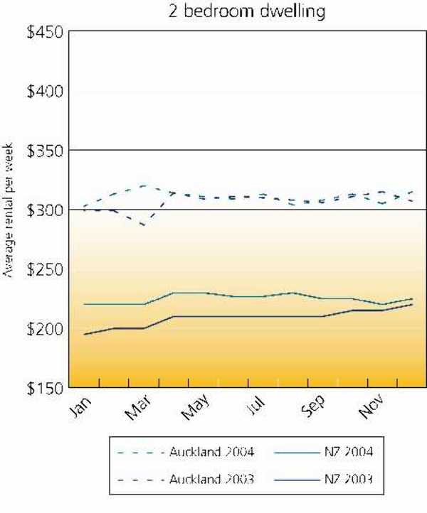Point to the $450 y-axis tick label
pyautogui.click(x=44, y=33)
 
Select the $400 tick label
pyautogui.click(x=44, y=92)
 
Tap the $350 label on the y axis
pyautogui.click(x=44, y=151)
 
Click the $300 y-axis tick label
pyautogui.click(x=44, y=210)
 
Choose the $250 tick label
pyautogui.click(x=44, y=269)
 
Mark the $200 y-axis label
pyautogui.click(x=44, y=329)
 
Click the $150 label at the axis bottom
pyautogui.click(x=44, y=388)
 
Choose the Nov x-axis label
pyautogui.click(x=376, y=410)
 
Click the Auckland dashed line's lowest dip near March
pyautogui.click(x=144, y=225)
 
